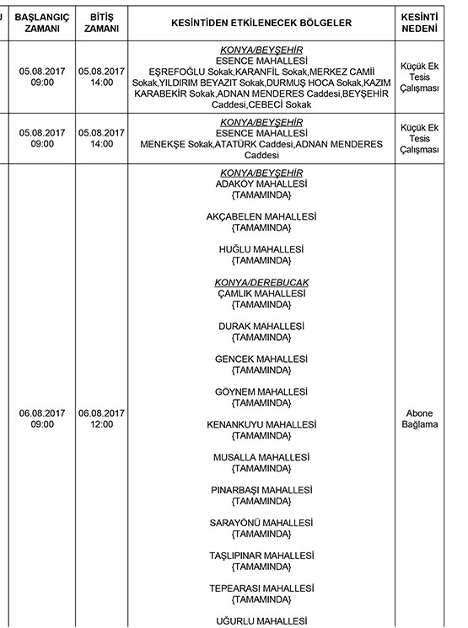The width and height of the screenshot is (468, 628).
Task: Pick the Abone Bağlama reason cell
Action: pos(422,418)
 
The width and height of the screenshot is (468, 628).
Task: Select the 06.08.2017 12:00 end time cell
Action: pos(101,418)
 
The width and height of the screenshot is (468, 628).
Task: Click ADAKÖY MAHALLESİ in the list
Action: pos(261,184)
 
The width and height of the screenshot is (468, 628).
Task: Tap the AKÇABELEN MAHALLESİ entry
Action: pos(261,216)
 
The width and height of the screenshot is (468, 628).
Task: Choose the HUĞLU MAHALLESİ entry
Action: pos(261,249)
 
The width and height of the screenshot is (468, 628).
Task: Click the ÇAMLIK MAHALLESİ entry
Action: pos(261,293)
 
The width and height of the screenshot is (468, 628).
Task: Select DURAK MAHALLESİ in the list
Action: pos(261,326)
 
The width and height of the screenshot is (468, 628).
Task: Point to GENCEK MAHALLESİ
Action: pos(261,359)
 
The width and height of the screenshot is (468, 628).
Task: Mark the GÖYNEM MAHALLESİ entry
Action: pos(261,391)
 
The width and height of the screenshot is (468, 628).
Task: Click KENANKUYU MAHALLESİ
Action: pos(261,424)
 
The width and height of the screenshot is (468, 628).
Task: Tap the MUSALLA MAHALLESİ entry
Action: pos(261,457)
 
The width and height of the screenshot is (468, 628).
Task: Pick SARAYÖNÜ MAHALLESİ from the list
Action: pos(261,523)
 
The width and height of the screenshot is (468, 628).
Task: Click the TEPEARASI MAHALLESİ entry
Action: pos(261,588)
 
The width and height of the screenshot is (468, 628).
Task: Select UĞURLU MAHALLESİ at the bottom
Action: pos(261,621)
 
